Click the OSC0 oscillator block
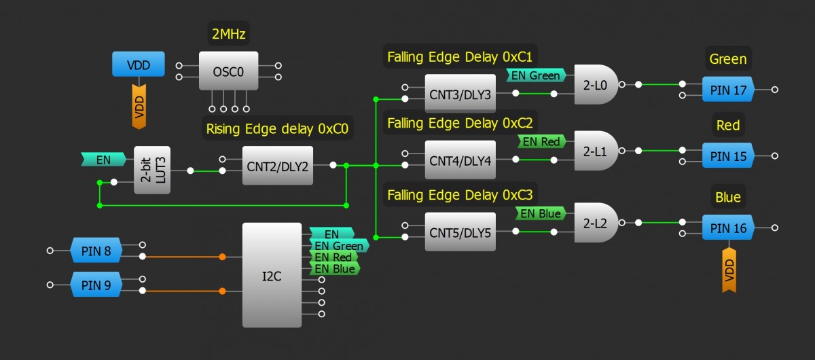pos(228,71)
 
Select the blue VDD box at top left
pos(139,66)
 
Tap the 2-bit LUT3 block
pos(152,170)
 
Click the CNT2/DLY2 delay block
pos(278,165)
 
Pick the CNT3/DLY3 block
pos(460,93)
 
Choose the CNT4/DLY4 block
pos(460,160)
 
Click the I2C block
pos(272,274)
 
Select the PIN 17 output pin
pos(728,90)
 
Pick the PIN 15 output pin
pos(728,156)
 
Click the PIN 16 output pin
pos(728,228)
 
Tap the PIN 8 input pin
pos(96,250)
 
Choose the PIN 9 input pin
pos(96,285)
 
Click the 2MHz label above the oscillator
pos(228,33)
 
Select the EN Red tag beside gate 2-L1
pos(541,142)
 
